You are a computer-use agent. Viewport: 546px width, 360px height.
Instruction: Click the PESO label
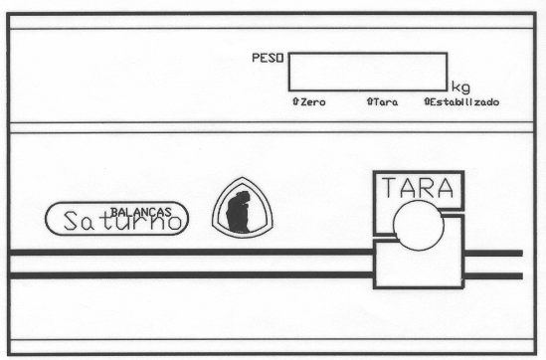pos(268,58)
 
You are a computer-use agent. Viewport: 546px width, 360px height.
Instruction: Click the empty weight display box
pos(368,72)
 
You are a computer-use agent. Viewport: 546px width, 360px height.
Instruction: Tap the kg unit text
pos(460,88)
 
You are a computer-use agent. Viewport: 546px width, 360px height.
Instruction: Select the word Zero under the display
pos(313,102)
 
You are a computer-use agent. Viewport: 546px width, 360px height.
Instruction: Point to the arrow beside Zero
pos(295,101)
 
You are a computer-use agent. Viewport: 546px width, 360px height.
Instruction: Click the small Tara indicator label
pos(386,102)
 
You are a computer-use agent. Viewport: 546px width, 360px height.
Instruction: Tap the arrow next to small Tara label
pos(370,101)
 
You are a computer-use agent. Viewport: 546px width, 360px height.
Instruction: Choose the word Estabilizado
pos(464,102)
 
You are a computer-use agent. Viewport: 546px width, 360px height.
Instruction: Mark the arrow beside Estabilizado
pos(427,101)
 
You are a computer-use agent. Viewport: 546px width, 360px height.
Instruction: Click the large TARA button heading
pos(418,187)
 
